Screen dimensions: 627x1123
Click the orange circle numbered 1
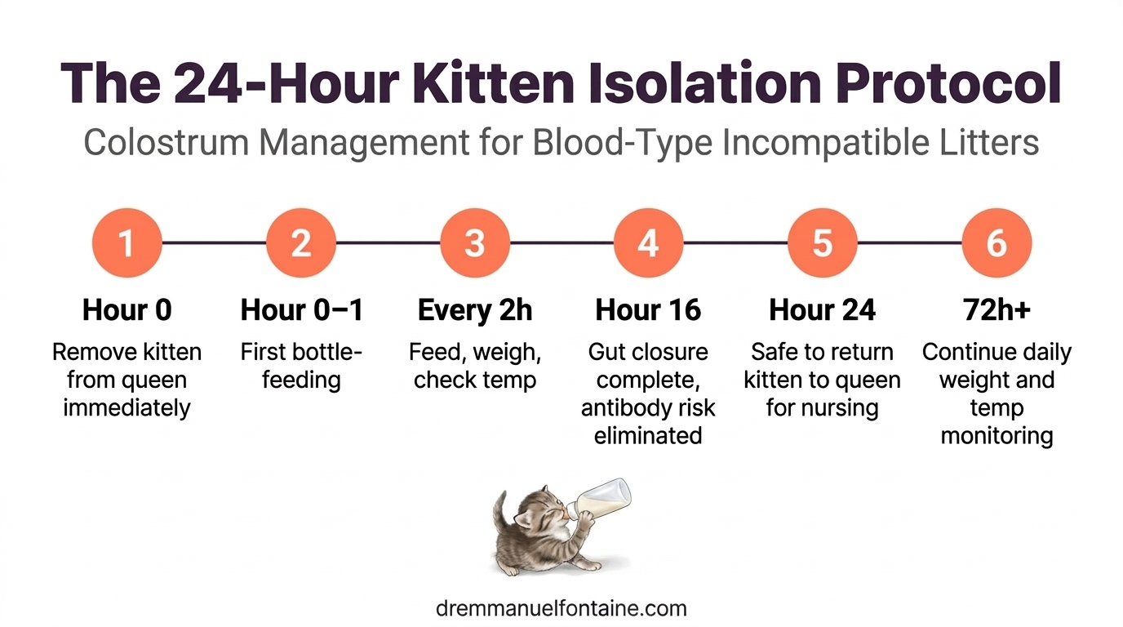coord(127,243)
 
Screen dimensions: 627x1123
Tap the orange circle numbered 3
coord(474,243)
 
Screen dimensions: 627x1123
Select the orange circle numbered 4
coord(648,243)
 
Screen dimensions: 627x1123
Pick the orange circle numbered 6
coord(996,243)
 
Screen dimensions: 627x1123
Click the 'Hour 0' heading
coord(127,310)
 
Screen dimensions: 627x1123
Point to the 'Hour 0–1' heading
coord(301,310)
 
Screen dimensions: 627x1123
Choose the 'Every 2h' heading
coord(474,310)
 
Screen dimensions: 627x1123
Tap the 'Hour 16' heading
coord(648,310)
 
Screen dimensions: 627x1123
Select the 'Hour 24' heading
coord(822,310)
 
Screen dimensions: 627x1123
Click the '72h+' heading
coord(996,310)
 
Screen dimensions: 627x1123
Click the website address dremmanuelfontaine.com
coord(561,608)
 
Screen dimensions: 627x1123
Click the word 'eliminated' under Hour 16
coord(648,435)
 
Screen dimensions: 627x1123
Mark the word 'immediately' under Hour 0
coord(127,407)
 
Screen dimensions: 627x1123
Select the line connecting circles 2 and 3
coord(388,243)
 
